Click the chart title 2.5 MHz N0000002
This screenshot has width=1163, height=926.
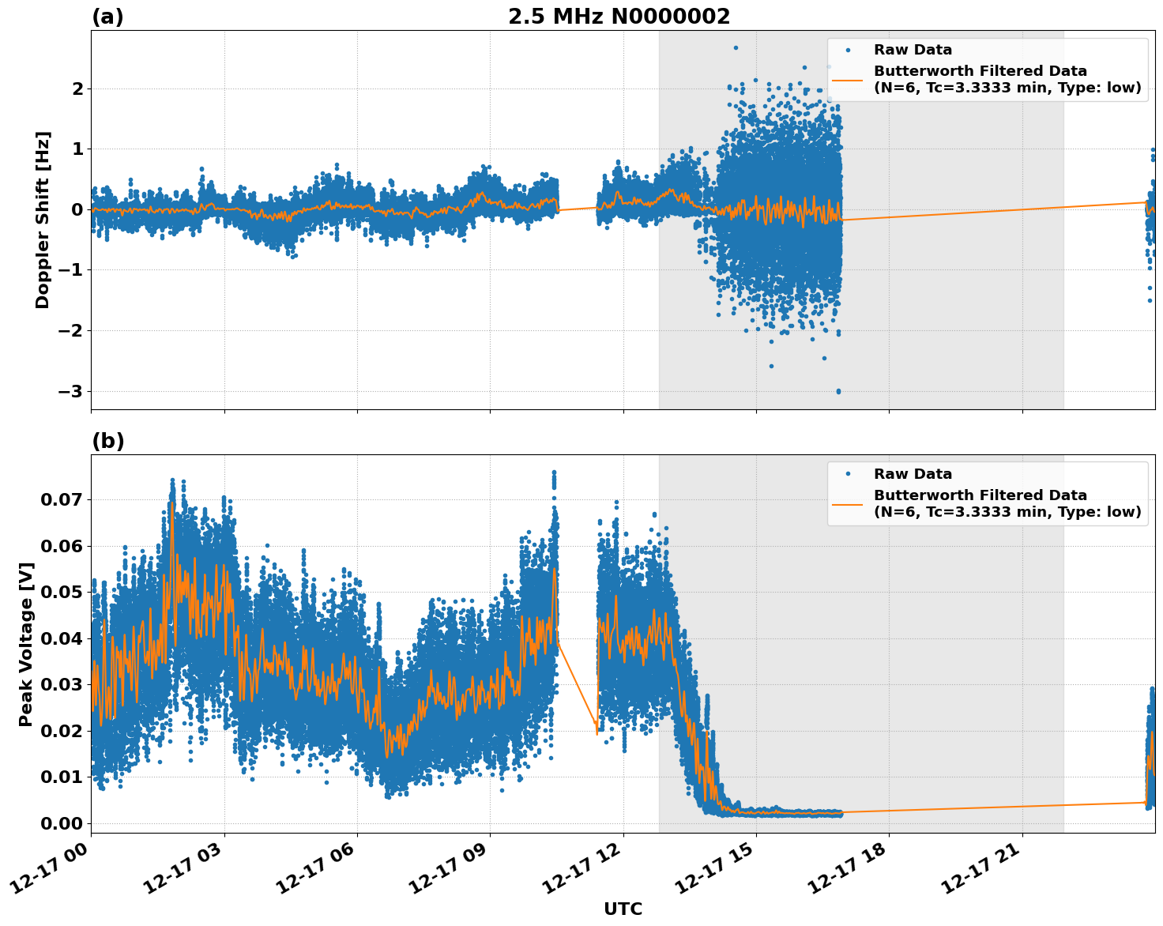coord(619,17)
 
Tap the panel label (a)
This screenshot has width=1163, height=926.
coord(107,17)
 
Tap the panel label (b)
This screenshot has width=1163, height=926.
coord(108,441)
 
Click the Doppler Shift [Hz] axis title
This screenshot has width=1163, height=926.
coord(43,220)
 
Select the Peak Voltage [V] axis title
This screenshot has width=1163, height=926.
coord(26,644)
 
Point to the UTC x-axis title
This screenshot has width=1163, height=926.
coord(623,909)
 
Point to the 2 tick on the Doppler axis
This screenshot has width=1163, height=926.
coord(77,88)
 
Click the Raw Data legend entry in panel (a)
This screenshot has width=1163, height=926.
coord(913,50)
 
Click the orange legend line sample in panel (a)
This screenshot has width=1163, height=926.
coord(848,79)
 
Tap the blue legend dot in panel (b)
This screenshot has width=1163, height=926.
coord(848,474)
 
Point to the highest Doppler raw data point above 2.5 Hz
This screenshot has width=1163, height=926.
coord(736,47)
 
